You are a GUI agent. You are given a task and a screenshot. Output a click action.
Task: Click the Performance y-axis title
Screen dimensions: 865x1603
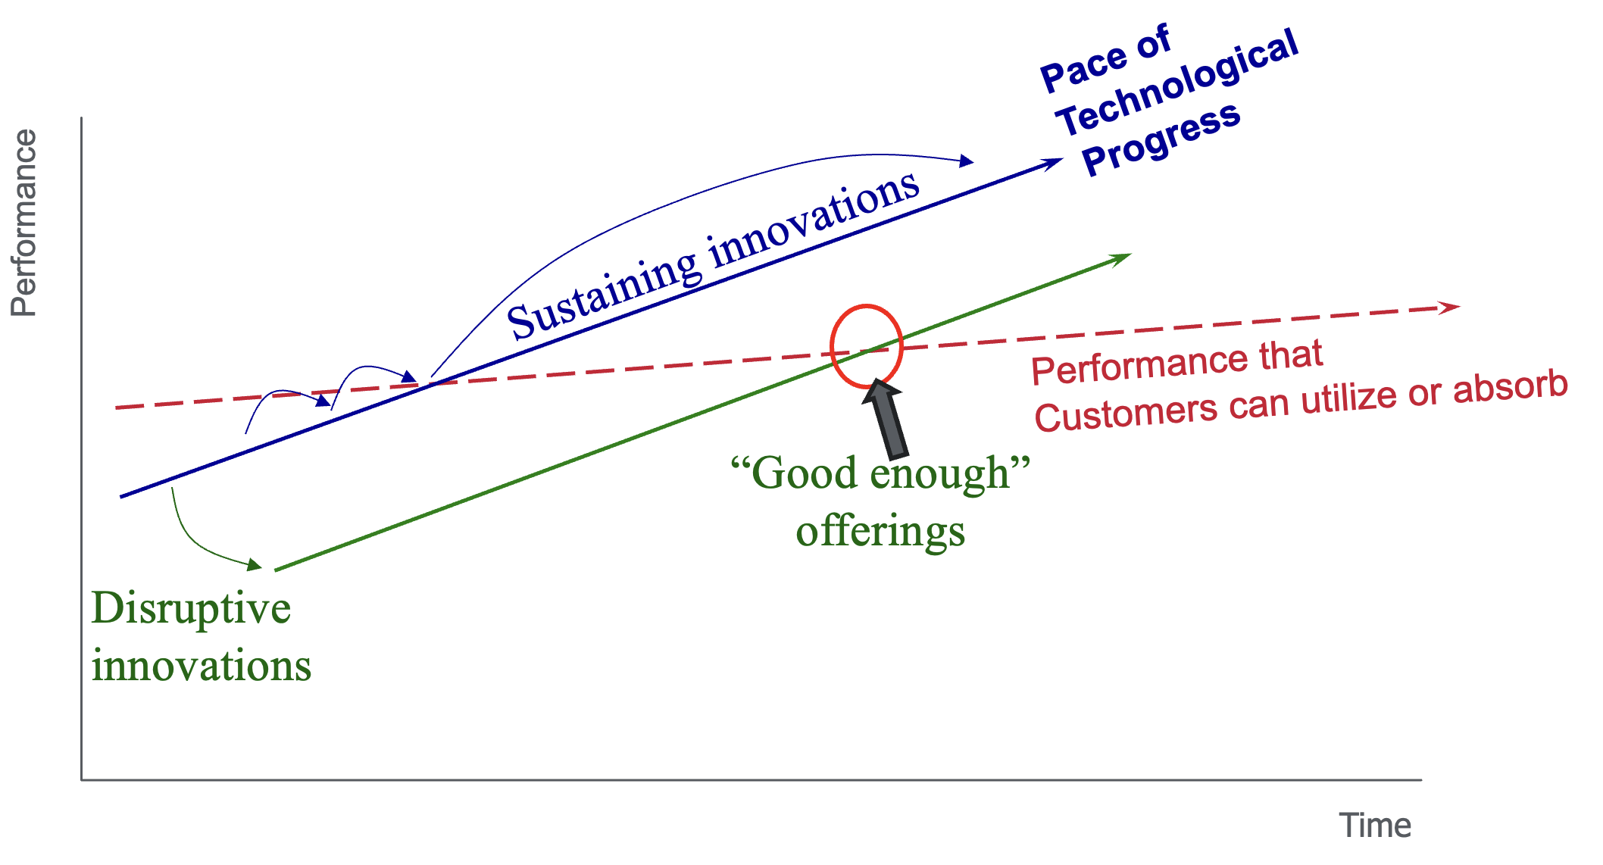pos(24,223)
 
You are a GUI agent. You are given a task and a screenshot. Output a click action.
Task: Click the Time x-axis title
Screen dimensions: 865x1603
pos(1374,826)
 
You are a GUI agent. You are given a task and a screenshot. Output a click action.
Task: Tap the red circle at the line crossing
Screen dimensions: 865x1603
pos(866,308)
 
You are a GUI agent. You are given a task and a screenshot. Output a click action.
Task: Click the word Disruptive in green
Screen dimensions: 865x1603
pos(191,608)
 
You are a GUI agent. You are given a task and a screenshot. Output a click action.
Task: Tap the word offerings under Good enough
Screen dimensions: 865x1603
pos(880,531)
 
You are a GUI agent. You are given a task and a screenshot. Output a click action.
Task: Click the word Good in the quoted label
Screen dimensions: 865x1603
pos(805,473)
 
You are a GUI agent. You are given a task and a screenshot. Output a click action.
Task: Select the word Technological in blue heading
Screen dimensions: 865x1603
pos(1178,83)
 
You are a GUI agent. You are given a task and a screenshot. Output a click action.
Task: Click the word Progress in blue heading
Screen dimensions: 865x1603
pos(1161,139)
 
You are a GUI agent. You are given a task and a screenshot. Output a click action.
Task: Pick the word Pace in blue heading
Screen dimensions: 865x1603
pos(1084,68)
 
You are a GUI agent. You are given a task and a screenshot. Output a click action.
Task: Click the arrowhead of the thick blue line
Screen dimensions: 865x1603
pos(1053,162)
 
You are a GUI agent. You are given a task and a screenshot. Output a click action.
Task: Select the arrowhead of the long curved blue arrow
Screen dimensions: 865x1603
pos(965,161)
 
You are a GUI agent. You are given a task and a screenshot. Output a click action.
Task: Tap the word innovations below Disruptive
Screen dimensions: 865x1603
pos(202,667)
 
